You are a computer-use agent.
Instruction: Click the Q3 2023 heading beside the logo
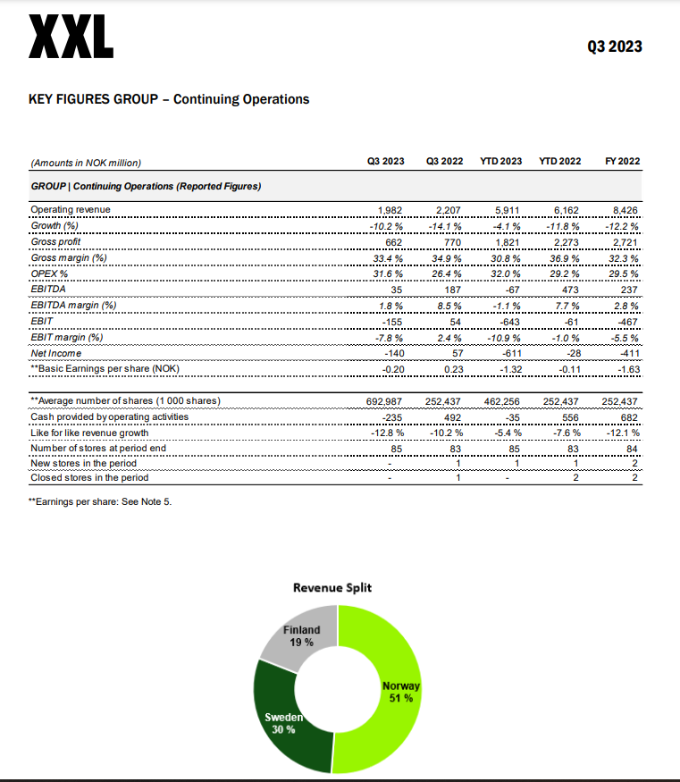pos(614,46)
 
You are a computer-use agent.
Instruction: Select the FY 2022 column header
pos(623,162)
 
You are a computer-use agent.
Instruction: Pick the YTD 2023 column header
pos(500,162)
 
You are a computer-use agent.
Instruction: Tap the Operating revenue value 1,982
pos(391,209)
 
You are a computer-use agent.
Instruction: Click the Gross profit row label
pos(55,241)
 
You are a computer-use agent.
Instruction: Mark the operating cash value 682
pos(630,416)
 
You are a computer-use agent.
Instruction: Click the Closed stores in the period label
pos(89,477)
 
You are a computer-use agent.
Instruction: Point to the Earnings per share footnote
pos(100,502)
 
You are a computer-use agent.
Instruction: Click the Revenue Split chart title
pos(332,587)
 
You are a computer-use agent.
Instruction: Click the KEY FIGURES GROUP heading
pos(170,99)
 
